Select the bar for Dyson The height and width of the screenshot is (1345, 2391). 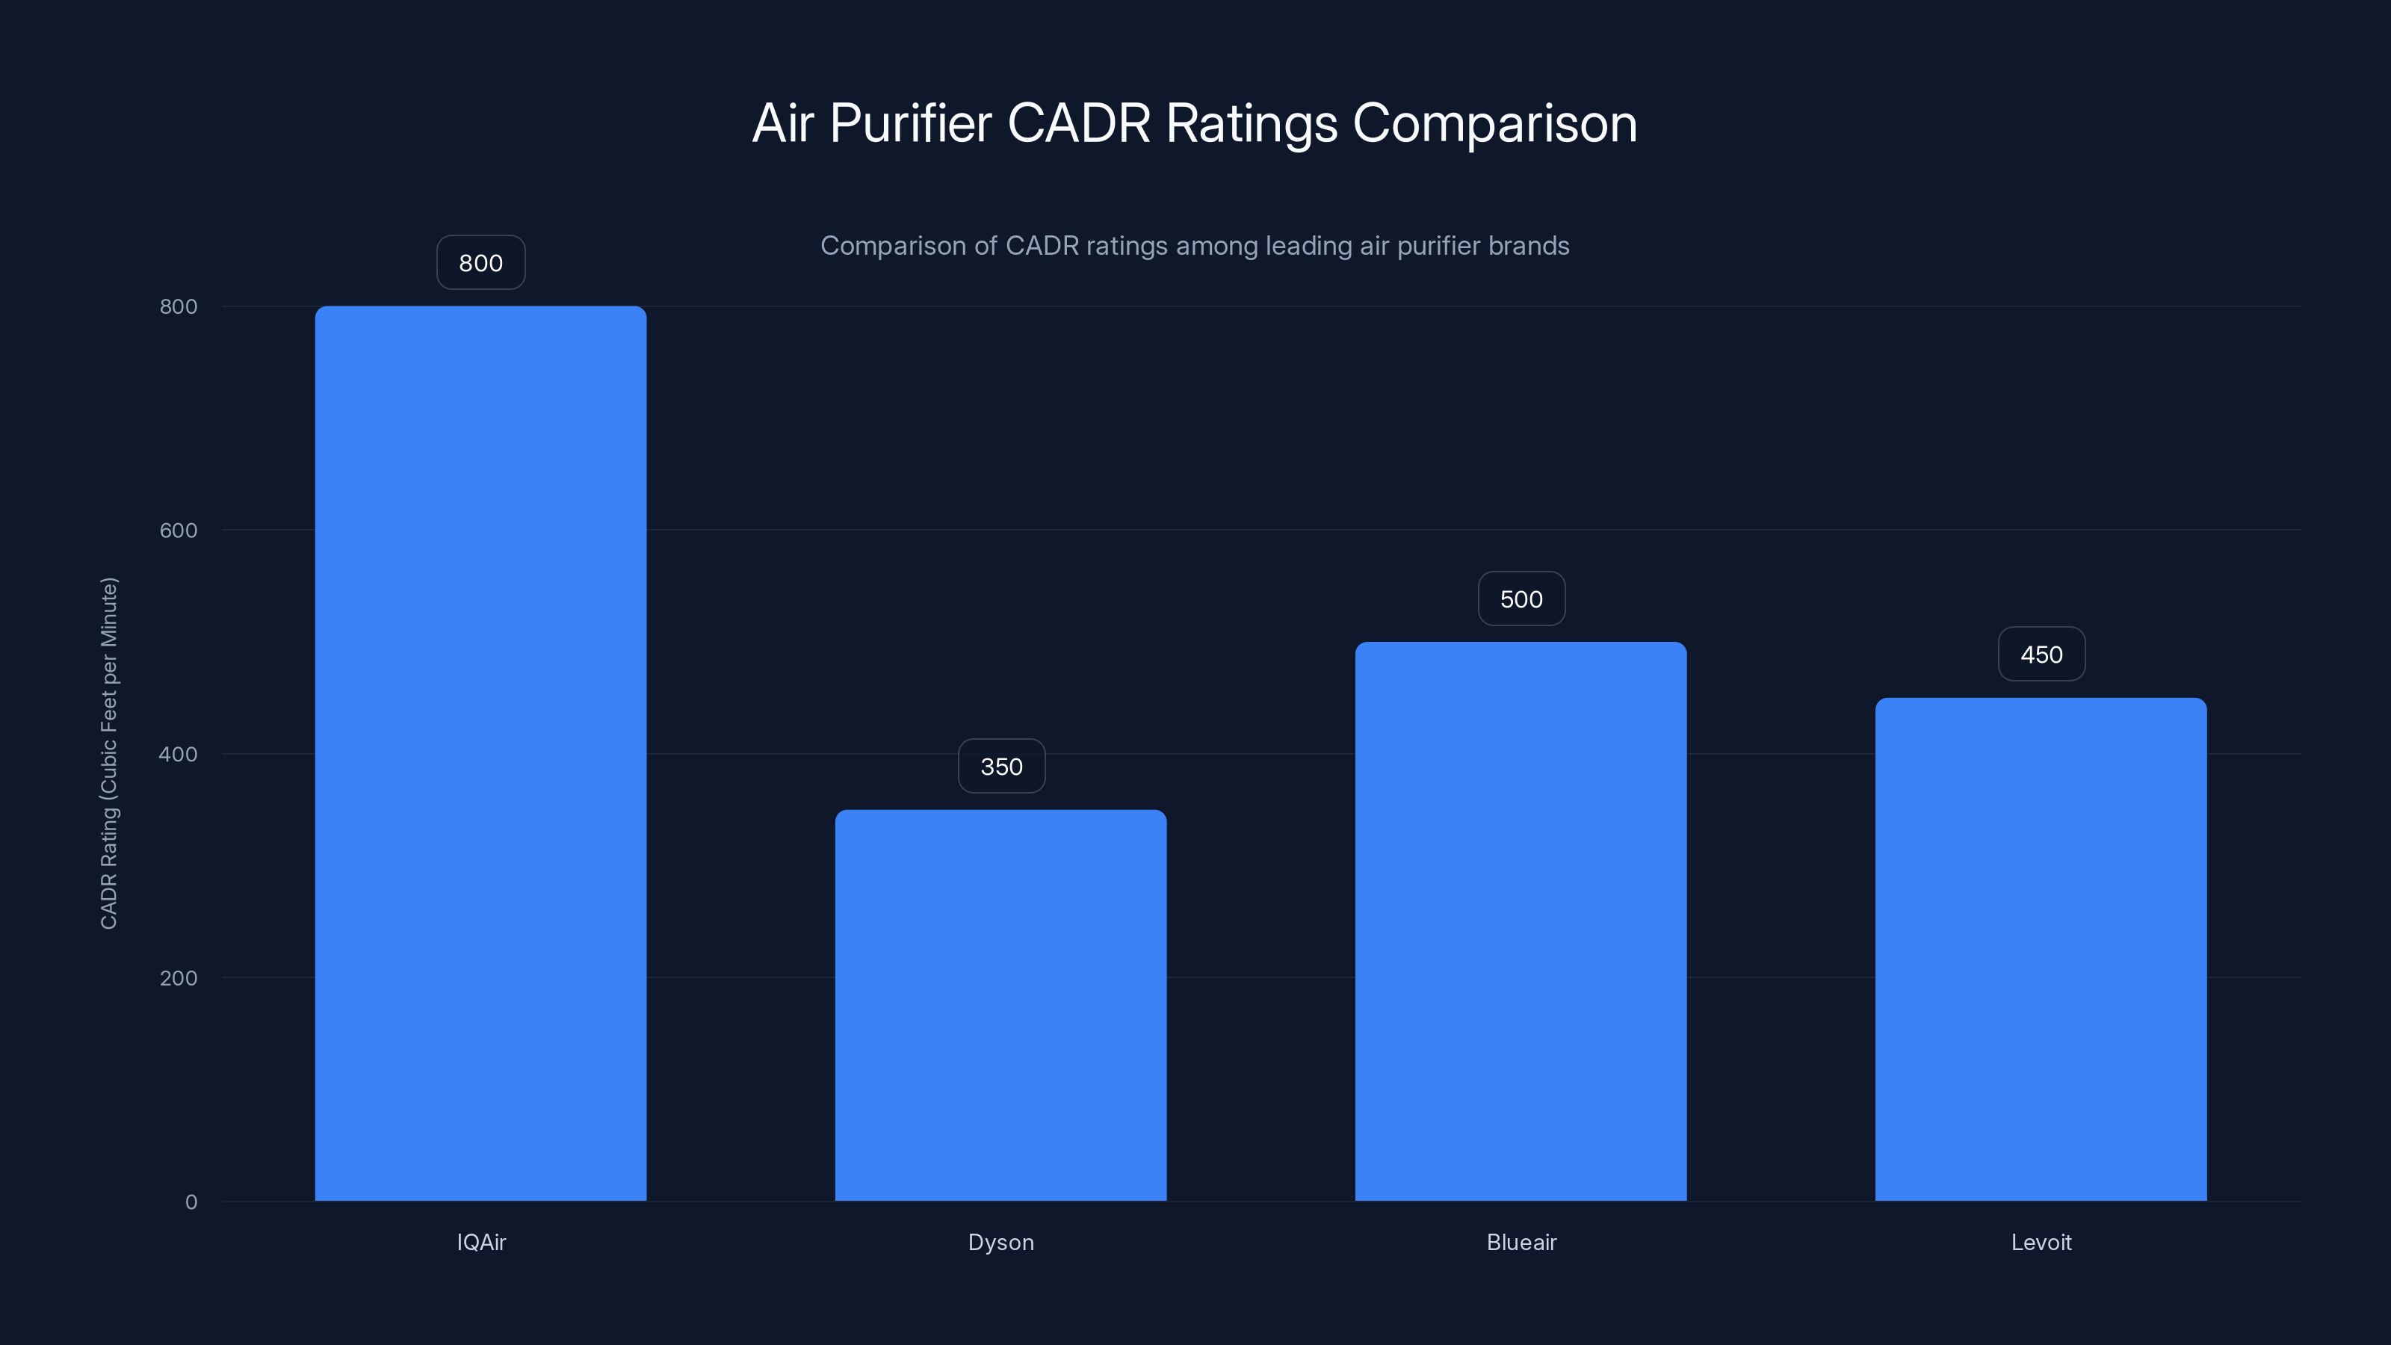1000,1005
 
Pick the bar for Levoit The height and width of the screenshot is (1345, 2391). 2041,949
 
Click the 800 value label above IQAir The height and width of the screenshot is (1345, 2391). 480,264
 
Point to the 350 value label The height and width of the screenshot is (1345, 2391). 1001,767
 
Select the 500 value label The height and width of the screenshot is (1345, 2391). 1521,599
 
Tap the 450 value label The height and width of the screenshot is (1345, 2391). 2041,655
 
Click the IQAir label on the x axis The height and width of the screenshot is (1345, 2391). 480,1243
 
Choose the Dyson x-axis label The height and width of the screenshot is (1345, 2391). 1000,1243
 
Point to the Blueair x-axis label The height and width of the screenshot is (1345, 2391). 1521,1243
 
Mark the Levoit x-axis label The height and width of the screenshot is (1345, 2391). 2041,1243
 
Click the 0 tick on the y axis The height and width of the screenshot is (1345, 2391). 191,1203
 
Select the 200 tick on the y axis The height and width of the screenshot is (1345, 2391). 179,978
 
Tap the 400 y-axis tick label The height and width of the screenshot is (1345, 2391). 179,755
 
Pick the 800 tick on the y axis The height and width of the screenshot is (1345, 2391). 179,307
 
